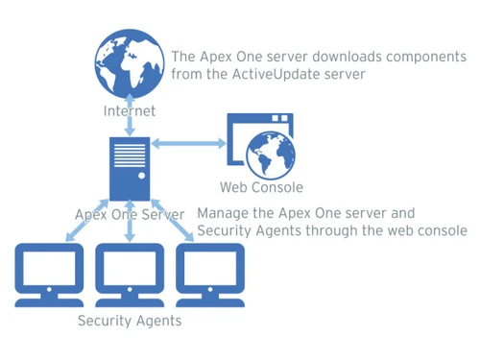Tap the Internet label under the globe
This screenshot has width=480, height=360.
pos(130,112)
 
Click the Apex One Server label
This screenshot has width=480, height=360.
pos(130,215)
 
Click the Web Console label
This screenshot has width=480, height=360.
pos(261,187)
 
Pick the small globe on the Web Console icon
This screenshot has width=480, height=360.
pos(271,154)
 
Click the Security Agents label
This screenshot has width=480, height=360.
pos(130,321)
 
